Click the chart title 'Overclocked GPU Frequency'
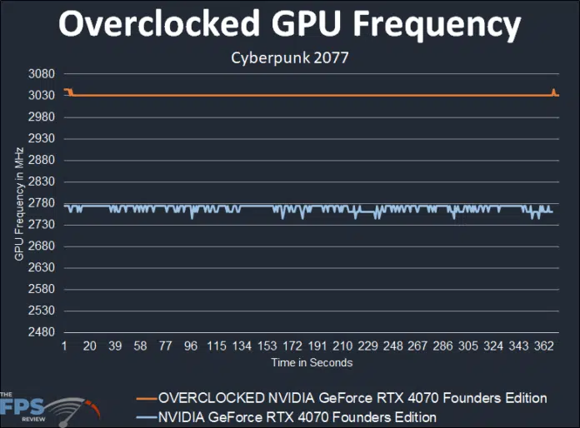(289, 26)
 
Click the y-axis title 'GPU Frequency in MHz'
(18, 203)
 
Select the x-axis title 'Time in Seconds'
(311, 362)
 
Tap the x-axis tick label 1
(64, 346)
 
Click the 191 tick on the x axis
(317, 346)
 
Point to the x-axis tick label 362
(544, 346)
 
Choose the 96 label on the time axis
(191, 346)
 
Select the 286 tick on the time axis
(443, 346)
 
